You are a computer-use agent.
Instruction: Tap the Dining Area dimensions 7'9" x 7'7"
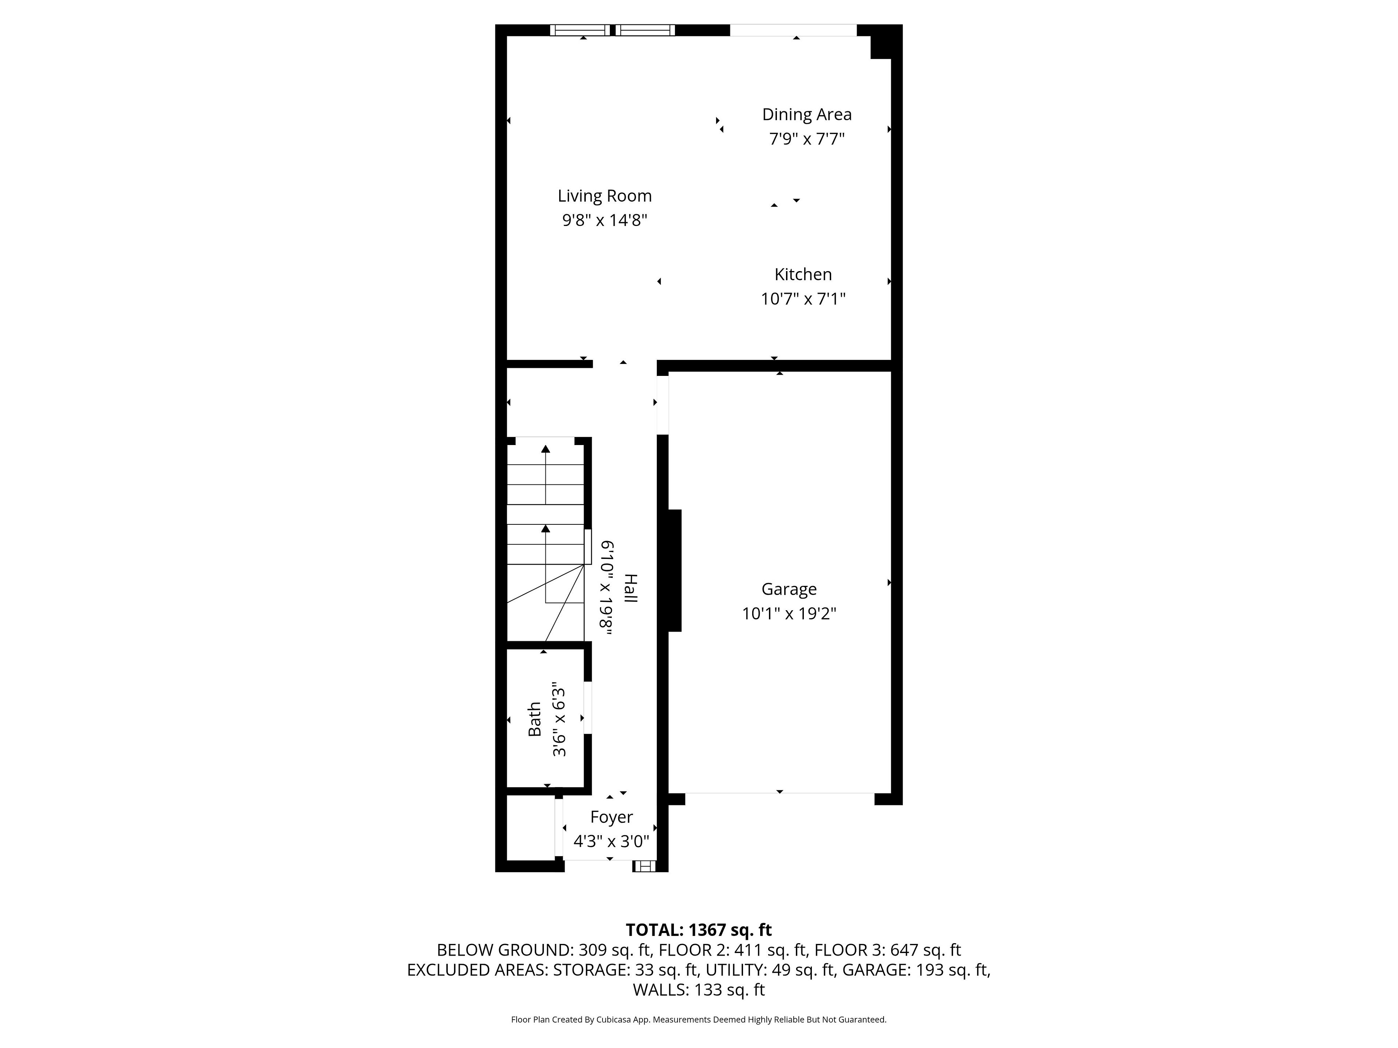[806, 139]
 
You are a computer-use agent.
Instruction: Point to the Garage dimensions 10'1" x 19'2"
[789, 614]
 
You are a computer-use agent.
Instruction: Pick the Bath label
[535, 719]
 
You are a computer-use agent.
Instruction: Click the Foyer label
[611, 817]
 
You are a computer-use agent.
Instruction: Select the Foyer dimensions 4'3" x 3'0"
[611, 841]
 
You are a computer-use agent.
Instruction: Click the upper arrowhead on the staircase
[545, 449]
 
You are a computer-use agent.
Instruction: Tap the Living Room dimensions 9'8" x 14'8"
[605, 221]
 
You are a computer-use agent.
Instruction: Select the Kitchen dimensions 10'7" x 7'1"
[803, 299]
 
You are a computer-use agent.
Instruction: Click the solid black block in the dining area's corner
[881, 42]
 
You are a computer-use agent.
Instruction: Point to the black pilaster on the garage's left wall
[674, 571]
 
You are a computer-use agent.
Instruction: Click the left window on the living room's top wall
[580, 30]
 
